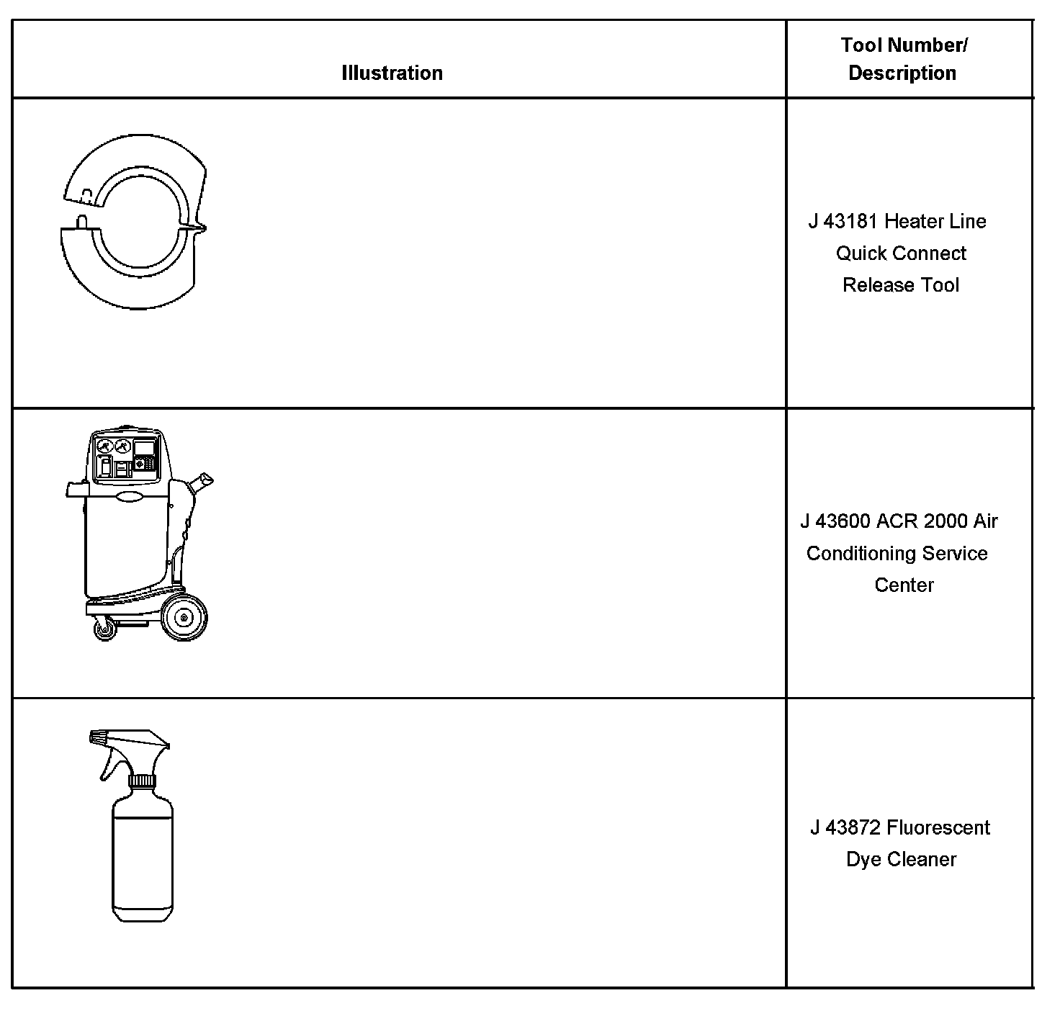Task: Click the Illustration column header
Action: coord(392,73)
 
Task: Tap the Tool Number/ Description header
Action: coord(903,59)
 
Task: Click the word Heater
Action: coord(913,221)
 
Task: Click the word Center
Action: coord(904,585)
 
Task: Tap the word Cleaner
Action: coord(922,859)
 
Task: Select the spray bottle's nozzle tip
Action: coord(96,737)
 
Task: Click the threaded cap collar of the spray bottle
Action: coord(142,781)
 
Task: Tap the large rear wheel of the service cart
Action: coord(184,617)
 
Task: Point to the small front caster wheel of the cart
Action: coord(105,630)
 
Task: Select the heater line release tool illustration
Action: coord(133,222)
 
